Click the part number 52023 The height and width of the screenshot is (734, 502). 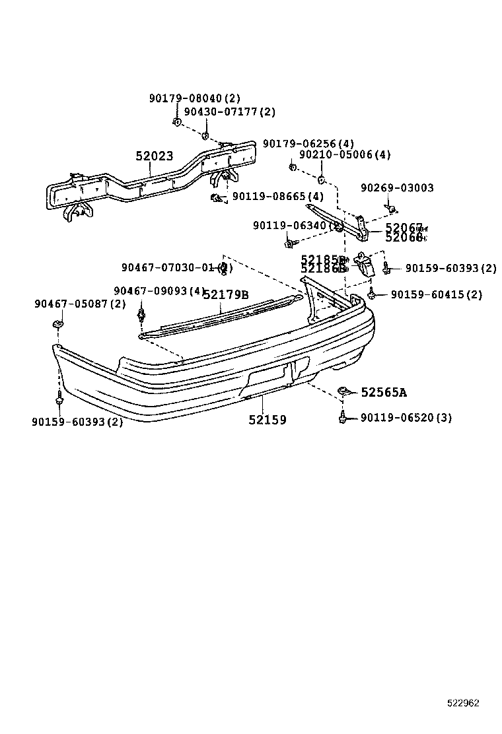pyautogui.click(x=155, y=156)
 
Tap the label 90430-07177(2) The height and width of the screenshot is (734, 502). pyautogui.click(x=229, y=112)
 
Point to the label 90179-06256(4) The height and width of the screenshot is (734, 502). pyautogui.click(x=308, y=143)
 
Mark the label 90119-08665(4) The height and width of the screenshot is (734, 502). pyautogui.click(x=278, y=197)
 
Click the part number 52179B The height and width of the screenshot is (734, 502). pyautogui.click(x=225, y=294)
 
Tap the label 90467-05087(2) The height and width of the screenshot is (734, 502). pyautogui.click(x=80, y=304)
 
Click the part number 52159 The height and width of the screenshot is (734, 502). pyautogui.click(x=268, y=420)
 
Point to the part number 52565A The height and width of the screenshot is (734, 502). pyautogui.click(x=384, y=393)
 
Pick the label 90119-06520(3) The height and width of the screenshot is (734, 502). pyautogui.click(x=406, y=418)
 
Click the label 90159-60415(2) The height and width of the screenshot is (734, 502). pyautogui.click(x=437, y=295)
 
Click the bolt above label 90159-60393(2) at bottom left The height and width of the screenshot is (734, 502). pyautogui.click(x=60, y=398)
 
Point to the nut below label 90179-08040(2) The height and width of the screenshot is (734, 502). pyautogui.click(x=176, y=121)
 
